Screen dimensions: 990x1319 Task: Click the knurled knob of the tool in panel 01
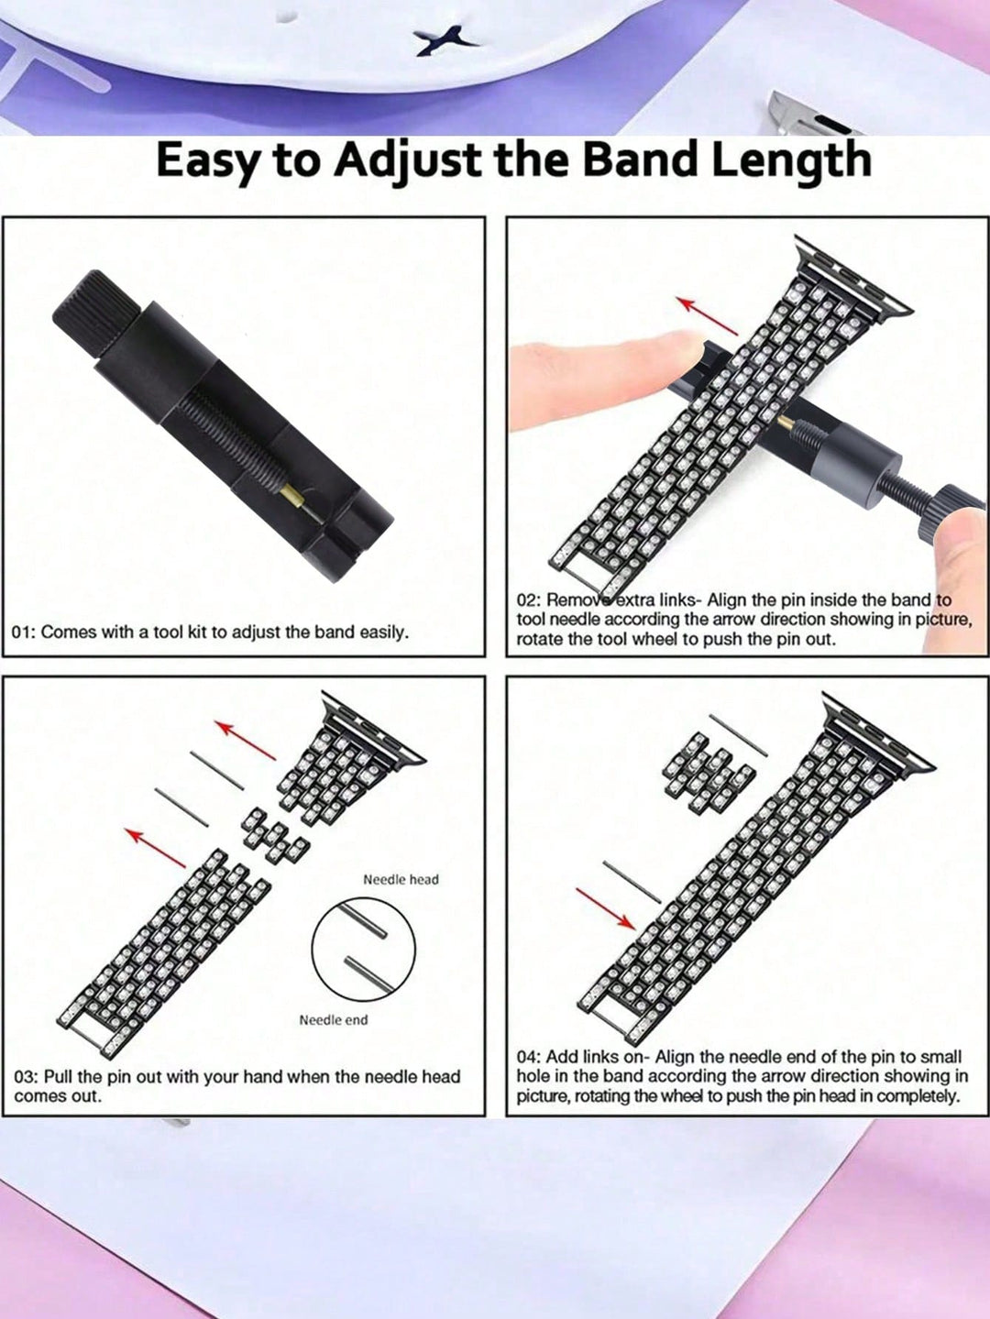coord(96,313)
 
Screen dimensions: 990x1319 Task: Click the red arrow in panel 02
coord(707,315)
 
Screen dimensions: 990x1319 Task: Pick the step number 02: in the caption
coord(529,600)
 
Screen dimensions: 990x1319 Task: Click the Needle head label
coord(401,879)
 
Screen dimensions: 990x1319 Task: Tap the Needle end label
coord(334,1020)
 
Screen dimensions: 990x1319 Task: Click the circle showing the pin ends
coord(363,950)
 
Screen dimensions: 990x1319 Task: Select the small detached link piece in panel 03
coord(275,836)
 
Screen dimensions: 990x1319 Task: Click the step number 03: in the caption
coord(27,1076)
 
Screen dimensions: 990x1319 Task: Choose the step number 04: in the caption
coord(529,1057)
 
